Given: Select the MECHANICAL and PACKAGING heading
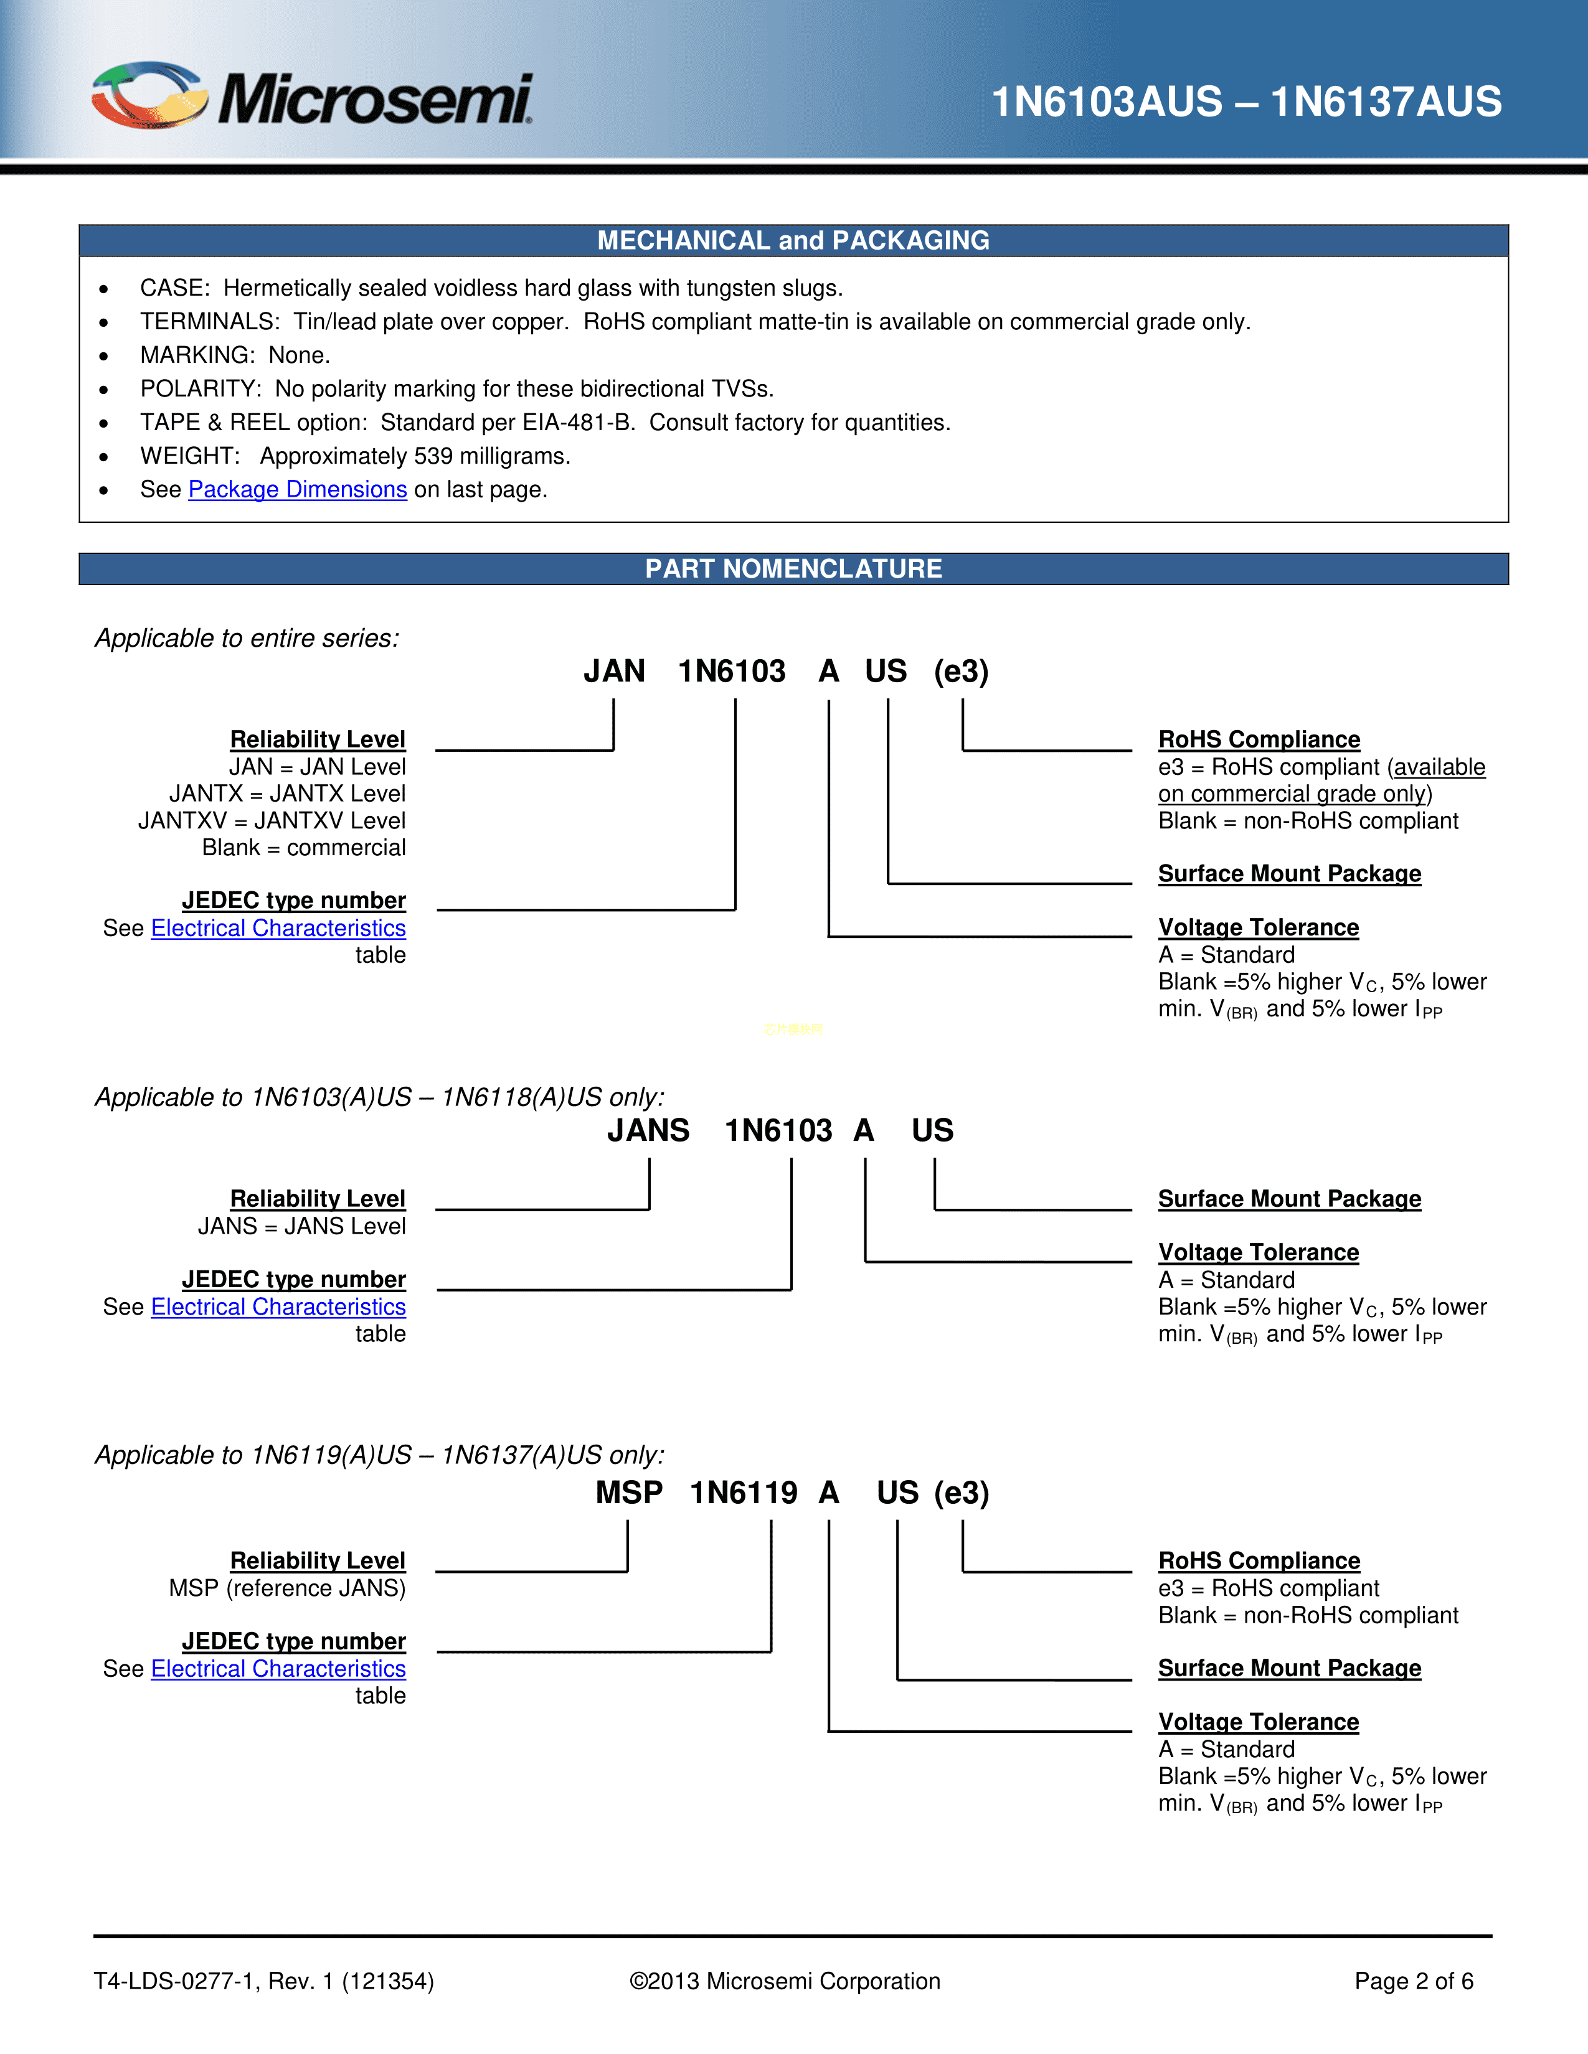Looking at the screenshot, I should pos(793,241).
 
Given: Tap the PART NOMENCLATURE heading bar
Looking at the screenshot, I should pos(793,569).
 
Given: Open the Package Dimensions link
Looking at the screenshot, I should pos(297,490).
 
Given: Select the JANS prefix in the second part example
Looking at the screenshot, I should pos(648,1130).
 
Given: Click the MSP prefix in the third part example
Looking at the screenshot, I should pos(628,1493).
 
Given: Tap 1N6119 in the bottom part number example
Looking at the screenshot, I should pos(743,1493).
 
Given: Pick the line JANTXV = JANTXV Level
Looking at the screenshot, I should pos(272,821).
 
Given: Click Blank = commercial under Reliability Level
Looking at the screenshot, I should pos(304,848).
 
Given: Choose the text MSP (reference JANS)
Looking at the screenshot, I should pos(287,1588).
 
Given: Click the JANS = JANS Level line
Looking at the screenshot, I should pos(301,1226).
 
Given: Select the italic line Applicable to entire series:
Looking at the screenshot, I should pos(247,639).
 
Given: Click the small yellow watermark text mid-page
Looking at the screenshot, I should pos(793,1029).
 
